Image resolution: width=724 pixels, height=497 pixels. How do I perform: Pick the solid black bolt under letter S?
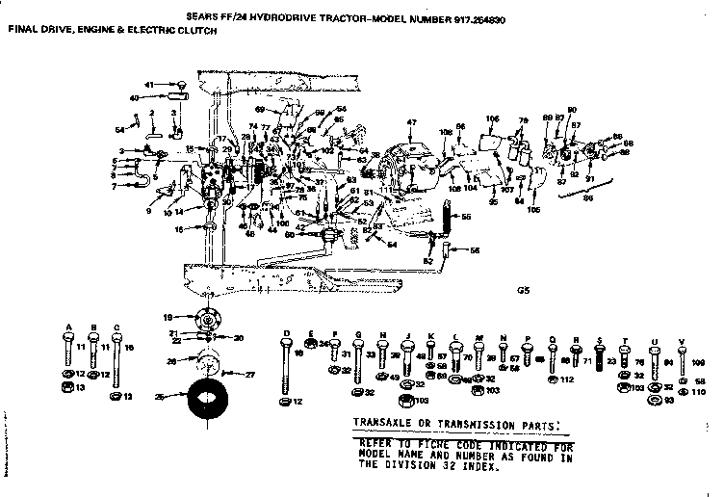coord(601,361)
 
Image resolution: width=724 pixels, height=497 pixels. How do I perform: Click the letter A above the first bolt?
coord(69,327)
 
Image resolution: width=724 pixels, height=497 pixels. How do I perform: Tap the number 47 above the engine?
coord(411,121)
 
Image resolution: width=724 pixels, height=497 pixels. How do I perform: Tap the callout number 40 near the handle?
coord(135,97)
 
